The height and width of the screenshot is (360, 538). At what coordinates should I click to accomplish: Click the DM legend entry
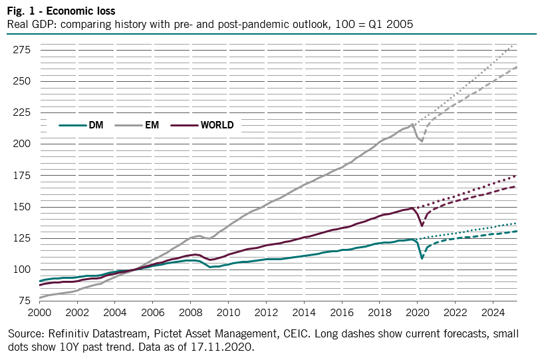tap(95, 125)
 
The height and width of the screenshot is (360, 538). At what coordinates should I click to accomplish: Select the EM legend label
tap(152, 125)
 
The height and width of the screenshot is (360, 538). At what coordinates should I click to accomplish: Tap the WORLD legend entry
tap(217, 125)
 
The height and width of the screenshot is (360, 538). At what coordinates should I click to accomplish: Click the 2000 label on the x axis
tap(39, 312)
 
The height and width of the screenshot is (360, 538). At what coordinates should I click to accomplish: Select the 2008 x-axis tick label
tap(191, 312)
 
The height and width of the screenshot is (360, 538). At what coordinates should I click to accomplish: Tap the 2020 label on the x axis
tap(418, 312)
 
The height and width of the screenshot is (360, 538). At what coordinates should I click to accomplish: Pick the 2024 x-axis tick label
tap(493, 312)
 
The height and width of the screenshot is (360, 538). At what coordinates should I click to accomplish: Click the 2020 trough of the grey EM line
tap(422, 141)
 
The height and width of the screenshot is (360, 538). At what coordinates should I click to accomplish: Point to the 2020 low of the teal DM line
tap(422, 258)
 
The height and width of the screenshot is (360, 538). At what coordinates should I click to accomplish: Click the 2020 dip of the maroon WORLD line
tap(422, 226)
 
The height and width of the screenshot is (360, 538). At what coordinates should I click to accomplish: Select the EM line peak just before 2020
tap(413, 124)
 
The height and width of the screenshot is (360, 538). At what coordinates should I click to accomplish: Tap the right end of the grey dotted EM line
tap(516, 44)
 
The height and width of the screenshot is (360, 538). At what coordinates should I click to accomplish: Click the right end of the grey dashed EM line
tap(517, 67)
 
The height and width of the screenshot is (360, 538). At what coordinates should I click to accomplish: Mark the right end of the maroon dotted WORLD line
tap(517, 176)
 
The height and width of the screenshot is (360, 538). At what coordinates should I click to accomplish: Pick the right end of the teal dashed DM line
tap(517, 231)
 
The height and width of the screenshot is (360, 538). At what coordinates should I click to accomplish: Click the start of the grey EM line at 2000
tap(40, 297)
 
